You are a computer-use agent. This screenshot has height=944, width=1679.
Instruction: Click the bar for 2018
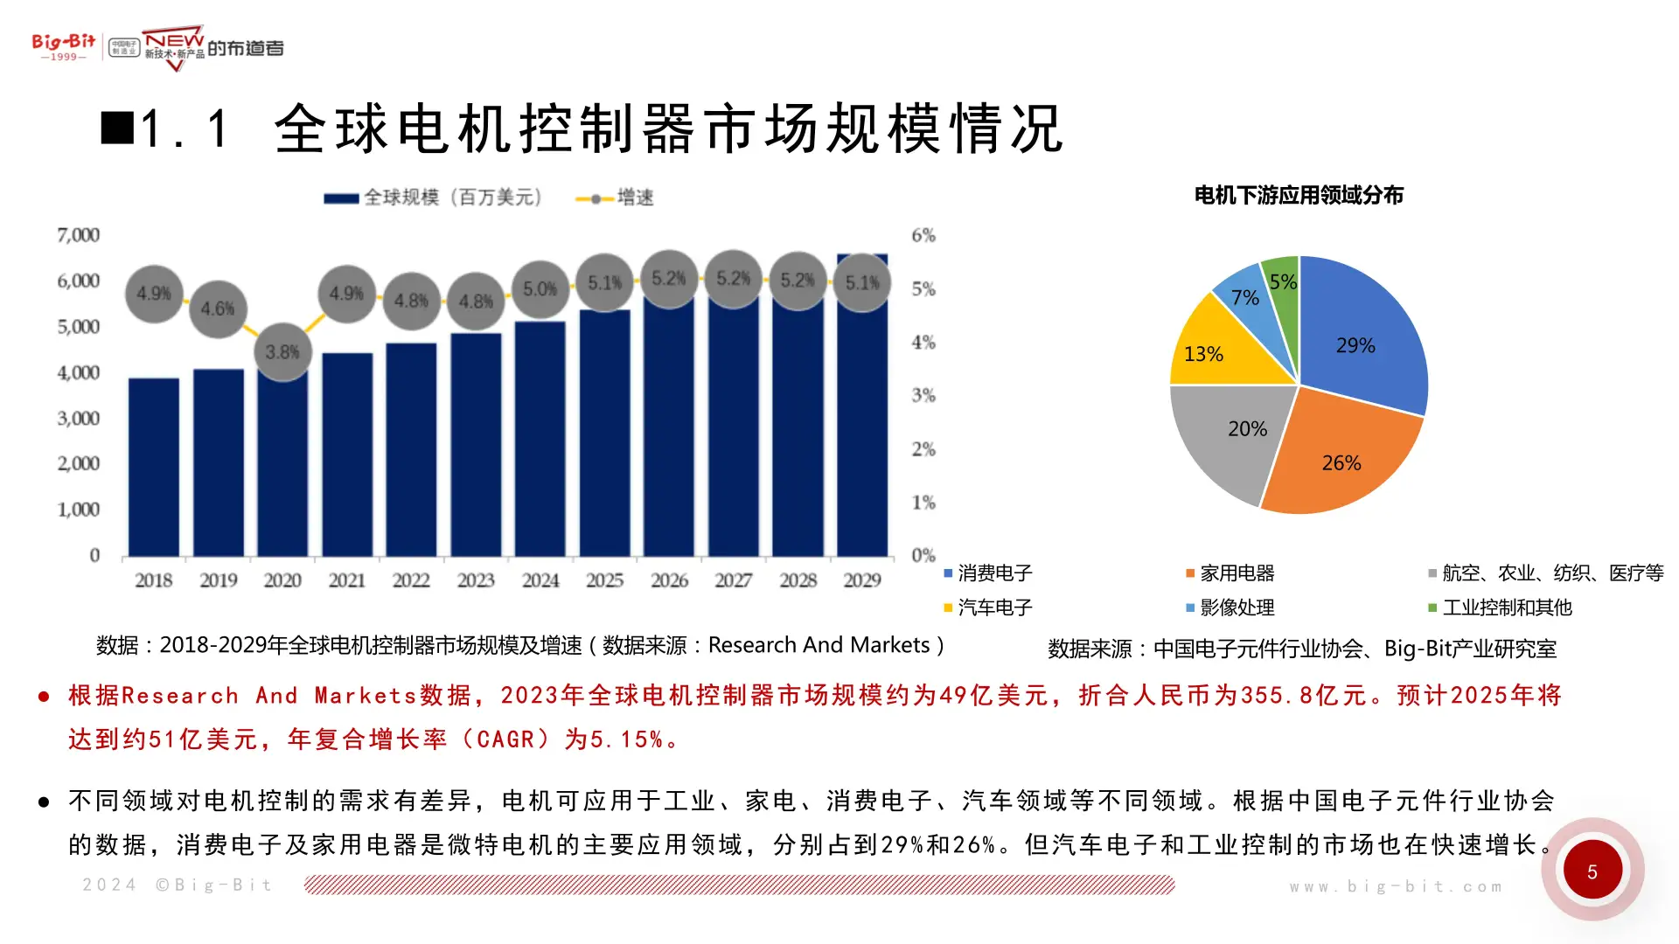[x=154, y=467]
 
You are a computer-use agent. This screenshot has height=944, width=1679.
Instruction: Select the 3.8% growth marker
[x=282, y=352]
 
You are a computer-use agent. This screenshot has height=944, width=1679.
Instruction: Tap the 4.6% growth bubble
[x=218, y=309]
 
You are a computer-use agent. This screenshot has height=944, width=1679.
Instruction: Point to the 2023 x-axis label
[x=476, y=580]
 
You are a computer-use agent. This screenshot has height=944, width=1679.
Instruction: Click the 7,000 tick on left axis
[x=79, y=235]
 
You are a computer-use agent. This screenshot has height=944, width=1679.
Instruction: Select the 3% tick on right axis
[x=923, y=395]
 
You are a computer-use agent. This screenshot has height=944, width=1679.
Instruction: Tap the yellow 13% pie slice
[x=1211, y=350]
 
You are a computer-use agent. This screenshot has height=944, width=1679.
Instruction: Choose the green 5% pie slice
[x=1283, y=288]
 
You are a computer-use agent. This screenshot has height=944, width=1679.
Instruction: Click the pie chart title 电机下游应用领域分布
[x=1299, y=196]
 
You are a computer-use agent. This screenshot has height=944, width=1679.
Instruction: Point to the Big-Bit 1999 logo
[x=64, y=46]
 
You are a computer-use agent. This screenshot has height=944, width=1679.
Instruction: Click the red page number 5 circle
[x=1592, y=871]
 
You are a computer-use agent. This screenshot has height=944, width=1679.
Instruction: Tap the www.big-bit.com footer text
[x=1396, y=886]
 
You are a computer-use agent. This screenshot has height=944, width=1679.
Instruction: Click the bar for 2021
[x=347, y=455]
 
